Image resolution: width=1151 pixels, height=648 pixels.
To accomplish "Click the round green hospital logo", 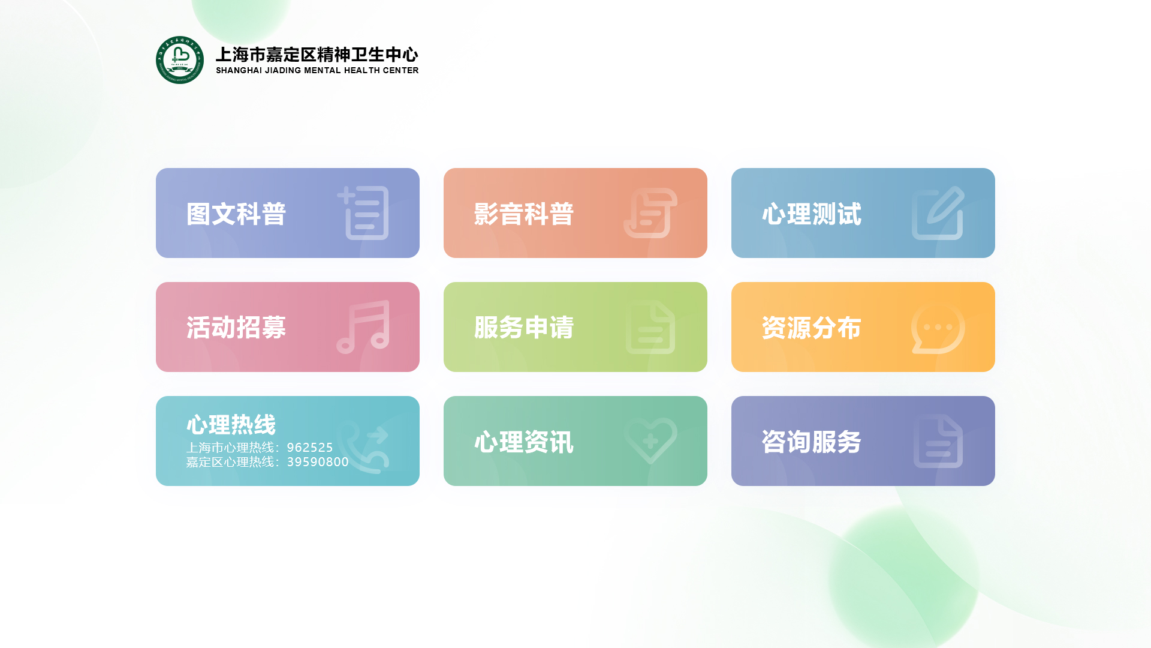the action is (180, 60).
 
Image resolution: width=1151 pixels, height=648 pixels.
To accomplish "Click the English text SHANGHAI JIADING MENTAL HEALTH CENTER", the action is (317, 70).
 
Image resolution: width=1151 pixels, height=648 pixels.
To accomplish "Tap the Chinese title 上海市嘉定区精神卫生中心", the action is (317, 55).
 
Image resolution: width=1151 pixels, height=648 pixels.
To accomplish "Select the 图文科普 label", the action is (236, 214).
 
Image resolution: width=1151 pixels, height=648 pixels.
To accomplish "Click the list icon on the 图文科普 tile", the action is (363, 213).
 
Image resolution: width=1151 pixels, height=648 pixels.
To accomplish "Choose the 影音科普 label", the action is (524, 214).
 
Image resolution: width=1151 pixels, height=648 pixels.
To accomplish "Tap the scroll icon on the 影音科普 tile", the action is (650, 213).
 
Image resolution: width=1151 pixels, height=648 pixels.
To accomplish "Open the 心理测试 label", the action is (812, 214).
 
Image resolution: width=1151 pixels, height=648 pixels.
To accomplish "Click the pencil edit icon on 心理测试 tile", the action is (938, 213).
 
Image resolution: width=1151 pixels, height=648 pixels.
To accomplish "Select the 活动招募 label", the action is (236, 328).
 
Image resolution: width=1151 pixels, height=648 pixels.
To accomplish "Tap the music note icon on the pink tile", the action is (363, 327).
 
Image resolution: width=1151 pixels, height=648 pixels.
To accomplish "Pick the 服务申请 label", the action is (524, 328).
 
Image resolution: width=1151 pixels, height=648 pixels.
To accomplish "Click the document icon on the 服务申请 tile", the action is (650, 327).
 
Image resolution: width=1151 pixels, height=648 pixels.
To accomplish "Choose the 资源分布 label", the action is (812, 328).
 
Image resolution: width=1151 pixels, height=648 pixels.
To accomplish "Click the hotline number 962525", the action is (310, 448).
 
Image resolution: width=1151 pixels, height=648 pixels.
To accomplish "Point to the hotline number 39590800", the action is (318, 462).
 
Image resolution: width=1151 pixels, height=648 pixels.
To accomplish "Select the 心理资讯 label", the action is (524, 442).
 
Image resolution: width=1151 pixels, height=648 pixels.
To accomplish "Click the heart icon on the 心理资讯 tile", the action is (650, 441).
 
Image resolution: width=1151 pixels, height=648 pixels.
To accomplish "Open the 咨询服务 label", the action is (812, 442).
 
